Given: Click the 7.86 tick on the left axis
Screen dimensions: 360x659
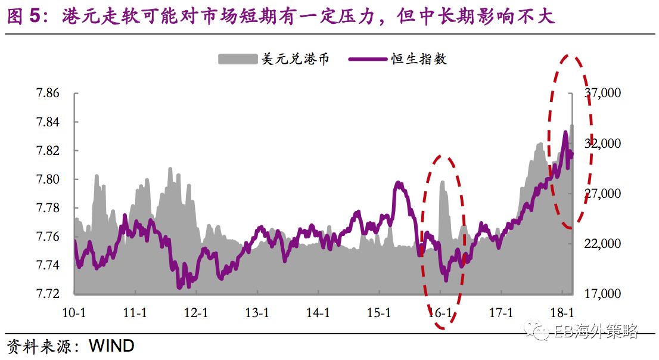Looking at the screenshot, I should [47, 93].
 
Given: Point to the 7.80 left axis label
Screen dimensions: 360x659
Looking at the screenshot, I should [47, 179].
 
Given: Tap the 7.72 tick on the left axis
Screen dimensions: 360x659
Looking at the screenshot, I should [47, 294].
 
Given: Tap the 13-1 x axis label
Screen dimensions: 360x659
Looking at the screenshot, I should [257, 312].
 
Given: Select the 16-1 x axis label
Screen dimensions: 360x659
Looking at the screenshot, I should [440, 312].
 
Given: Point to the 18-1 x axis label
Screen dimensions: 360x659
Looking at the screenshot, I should [561, 312].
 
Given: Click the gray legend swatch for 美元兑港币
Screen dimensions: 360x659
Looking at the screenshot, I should [237, 58].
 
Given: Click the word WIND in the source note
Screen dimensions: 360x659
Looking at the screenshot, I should [111, 346].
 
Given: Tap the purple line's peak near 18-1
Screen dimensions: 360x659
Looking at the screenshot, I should [565, 132].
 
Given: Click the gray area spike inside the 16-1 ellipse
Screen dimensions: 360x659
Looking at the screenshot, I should [443, 181].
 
